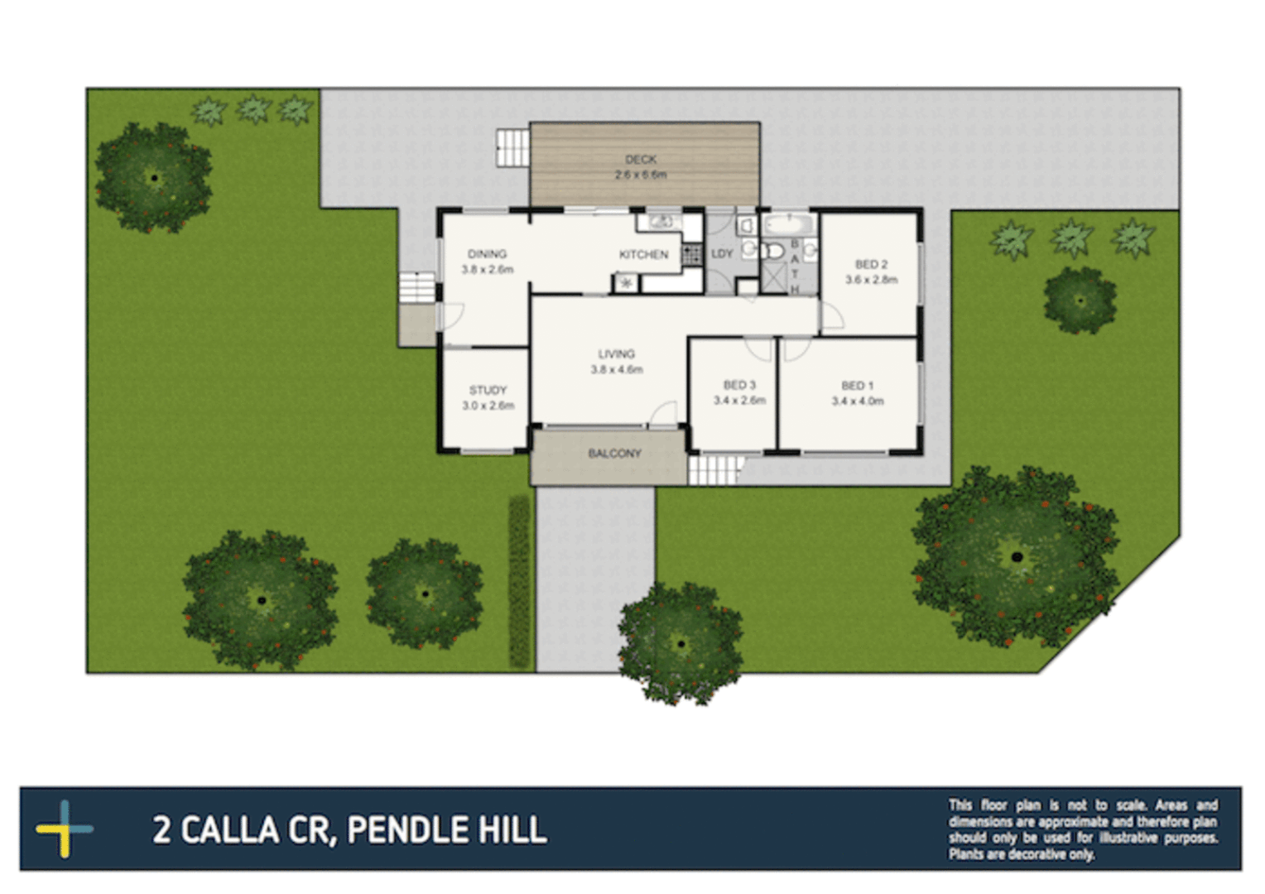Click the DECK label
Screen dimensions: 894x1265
641,159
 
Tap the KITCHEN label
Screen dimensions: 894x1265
643,254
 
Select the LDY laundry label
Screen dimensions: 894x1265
722,253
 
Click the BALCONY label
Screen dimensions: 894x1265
614,454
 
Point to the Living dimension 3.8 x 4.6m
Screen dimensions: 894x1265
616,369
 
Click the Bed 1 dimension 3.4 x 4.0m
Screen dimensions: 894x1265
858,401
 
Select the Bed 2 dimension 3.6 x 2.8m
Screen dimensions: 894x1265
871,280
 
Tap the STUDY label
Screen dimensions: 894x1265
488,390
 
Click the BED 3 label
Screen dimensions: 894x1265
739,385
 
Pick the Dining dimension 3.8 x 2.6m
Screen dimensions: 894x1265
488,270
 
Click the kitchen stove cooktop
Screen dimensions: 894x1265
692,254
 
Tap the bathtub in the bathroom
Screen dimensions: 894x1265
789,224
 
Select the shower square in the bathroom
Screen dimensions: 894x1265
775,276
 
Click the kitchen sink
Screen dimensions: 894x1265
661,222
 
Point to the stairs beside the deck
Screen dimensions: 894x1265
512,148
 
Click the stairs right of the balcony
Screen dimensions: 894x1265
714,469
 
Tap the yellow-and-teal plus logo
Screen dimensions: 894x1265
65,829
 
